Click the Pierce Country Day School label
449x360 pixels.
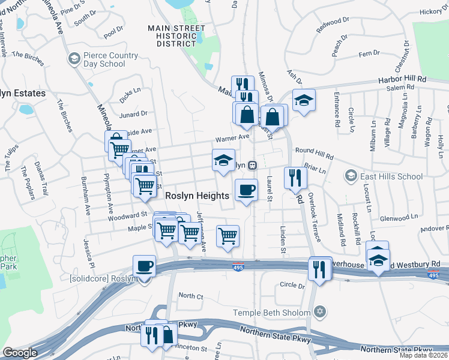tap(104, 58)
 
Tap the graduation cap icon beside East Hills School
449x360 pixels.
tap(351, 175)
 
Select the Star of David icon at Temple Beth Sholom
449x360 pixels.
tap(320, 312)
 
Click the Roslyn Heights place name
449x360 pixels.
tap(197, 196)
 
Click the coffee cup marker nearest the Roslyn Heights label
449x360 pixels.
tap(246, 190)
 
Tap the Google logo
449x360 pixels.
tap(20, 352)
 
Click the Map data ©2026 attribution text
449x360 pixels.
tap(423, 355)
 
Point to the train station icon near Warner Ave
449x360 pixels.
tap(253, 164)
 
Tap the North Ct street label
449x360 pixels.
tap(191, 296)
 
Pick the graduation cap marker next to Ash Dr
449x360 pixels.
tap(304, 100)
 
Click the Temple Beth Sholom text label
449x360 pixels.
tap(273, 312)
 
